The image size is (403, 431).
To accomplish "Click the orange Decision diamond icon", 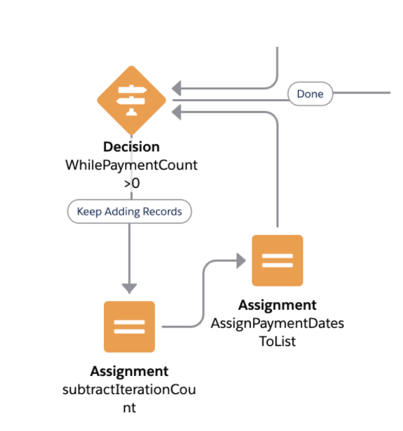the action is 131,101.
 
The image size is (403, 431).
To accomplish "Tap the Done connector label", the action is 310,94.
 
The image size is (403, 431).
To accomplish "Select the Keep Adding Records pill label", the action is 129,211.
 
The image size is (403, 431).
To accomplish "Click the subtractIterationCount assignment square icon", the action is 129,326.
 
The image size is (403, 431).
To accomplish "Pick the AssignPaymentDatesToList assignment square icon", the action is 278,260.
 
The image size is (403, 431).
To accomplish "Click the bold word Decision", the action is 131,147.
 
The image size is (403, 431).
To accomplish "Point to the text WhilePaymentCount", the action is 131,165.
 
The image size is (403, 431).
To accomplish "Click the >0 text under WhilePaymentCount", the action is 132,183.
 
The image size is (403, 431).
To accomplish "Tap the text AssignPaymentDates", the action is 278,323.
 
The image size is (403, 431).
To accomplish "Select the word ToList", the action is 278,341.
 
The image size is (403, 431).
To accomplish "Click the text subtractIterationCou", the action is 129,389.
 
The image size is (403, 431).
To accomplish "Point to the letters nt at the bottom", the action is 129,408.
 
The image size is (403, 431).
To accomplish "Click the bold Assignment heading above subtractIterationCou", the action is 129,371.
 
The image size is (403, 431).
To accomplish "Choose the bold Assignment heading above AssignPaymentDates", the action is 278,305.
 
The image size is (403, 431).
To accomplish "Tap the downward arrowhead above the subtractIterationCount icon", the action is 129,288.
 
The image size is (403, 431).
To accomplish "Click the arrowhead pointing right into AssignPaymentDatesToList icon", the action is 241,260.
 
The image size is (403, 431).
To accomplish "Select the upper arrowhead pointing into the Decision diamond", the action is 177,89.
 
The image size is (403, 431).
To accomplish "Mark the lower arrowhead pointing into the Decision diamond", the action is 177,112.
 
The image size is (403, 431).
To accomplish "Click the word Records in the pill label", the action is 162,211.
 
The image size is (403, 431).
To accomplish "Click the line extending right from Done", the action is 362,93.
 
